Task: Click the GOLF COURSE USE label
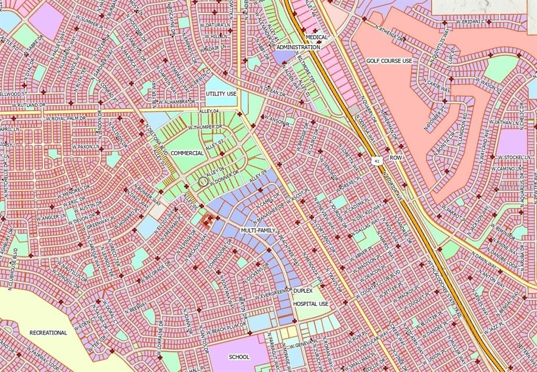pos(389,61)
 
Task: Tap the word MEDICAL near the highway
pos(317,37)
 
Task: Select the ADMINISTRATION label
pos(298,47)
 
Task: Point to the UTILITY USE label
pos(221,93)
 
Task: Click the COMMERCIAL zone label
pos(187,153)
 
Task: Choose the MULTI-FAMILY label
pos(258,230)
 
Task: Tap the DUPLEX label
pos(303,290)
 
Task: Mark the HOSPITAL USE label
pos(310,304)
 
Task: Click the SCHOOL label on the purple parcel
pos(239,357)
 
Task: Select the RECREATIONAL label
pos(48,333)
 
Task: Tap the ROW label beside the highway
pos(395,157)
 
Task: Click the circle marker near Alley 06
pos(203,181)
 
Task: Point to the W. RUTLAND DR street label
pos(20,105)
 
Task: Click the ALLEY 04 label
pos(208,111)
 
